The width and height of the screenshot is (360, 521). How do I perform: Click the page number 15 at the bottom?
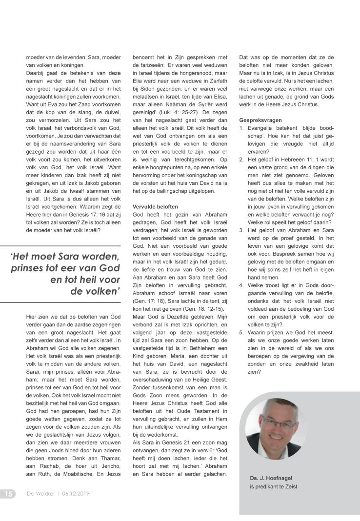(8, 493)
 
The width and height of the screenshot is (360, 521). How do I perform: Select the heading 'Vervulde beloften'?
(155, 206)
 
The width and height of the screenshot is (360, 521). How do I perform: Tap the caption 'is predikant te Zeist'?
(273, 486)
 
